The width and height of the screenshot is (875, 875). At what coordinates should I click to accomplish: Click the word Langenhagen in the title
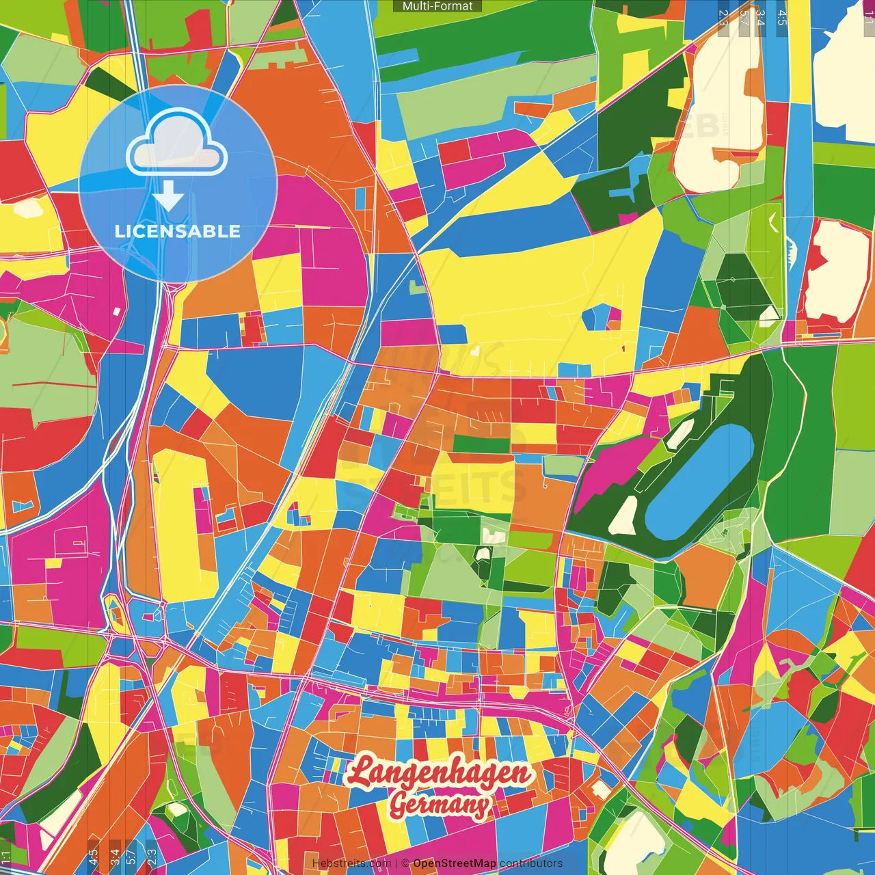tap(438, 773)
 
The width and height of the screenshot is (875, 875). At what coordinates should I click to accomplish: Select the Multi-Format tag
tap(437, 6)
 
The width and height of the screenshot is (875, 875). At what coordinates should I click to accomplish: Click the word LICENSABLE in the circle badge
tap(178, 231)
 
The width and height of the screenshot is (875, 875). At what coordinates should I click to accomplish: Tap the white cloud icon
tap(176, 145)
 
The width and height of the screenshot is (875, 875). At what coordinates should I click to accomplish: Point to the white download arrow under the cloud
tap(168, 197)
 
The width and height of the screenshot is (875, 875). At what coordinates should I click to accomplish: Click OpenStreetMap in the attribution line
tap(454, 863)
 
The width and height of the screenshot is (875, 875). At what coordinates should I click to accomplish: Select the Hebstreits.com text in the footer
tap(351, 863)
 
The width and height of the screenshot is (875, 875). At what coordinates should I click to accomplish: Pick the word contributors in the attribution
tap(530, 863)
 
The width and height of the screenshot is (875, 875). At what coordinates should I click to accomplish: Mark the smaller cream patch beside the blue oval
tap(680, 434)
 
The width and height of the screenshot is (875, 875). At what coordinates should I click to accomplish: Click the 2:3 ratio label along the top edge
tap(723, 17)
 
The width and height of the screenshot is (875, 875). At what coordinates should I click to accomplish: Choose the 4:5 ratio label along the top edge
tap(781, 17)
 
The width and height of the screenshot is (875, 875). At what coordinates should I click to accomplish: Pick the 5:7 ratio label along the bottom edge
tap(131, 857)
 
